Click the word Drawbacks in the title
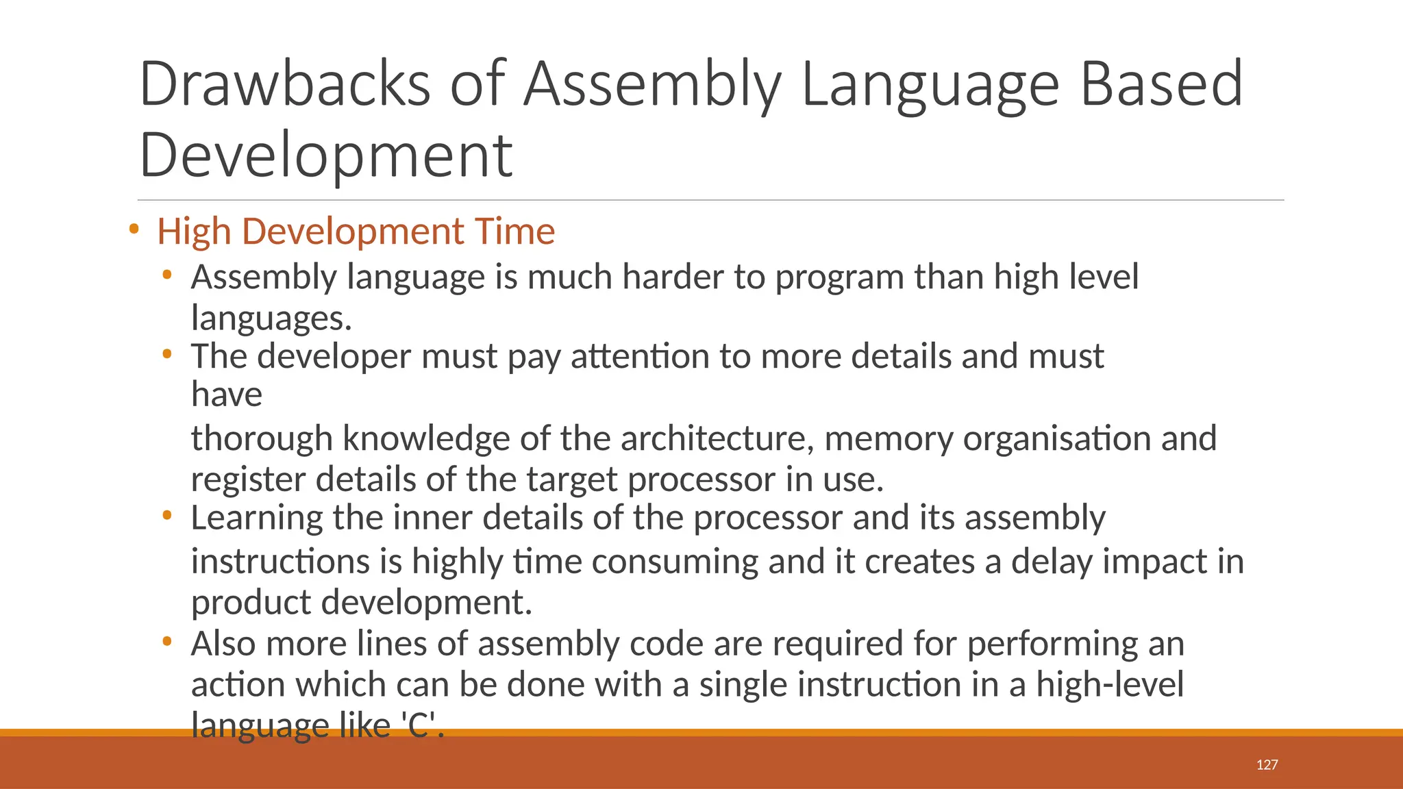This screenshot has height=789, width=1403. tap(284, 84)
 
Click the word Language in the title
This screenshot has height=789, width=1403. tap(930, 86)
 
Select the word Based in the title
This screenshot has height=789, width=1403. tap(1161, 84)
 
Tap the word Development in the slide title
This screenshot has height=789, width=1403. tap(325, 155)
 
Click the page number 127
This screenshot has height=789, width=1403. tap(1267, 765)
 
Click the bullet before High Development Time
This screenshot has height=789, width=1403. tap(134, 229)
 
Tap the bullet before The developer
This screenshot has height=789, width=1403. tap(166, 355)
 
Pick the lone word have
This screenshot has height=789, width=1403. tap(226, 395)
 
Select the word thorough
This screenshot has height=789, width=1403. tap(262, 439)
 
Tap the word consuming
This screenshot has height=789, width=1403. tap(674, 562)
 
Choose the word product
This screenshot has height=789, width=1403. tap(251, 603)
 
